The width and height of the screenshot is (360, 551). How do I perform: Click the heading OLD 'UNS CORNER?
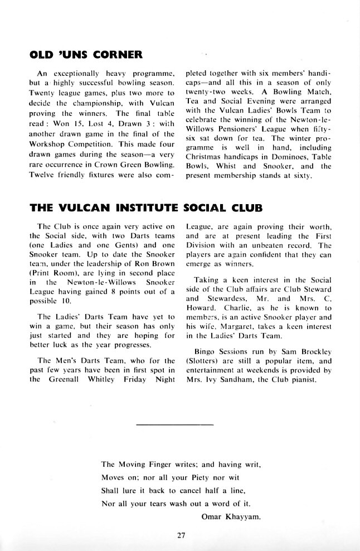86,54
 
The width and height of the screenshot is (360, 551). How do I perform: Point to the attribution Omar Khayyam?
231,516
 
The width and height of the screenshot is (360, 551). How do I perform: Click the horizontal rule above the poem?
174,426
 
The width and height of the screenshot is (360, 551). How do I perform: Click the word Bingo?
206,351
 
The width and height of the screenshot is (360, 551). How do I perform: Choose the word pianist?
304,380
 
